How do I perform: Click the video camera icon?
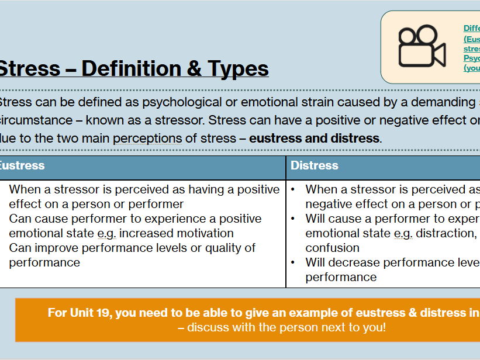tap(422, 46)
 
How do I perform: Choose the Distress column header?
tap(315, 165)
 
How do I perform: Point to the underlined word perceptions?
tap(147, 139)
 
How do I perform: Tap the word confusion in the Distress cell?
tap(332, 248)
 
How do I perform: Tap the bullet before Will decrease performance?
tap(292, 262)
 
